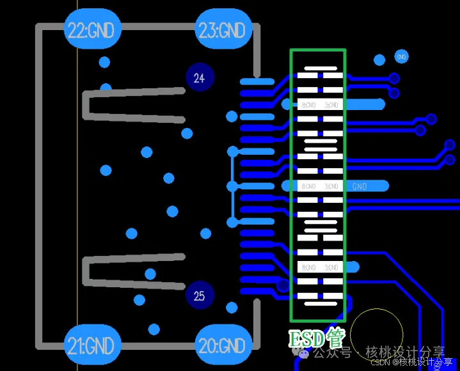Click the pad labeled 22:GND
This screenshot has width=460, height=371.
coord(93,30)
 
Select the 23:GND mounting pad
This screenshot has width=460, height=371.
coord(222,30)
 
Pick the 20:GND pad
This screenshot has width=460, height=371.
coord(222,346)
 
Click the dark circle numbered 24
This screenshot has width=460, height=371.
coord(199,78)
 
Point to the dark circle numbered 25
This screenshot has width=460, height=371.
coord(199,296)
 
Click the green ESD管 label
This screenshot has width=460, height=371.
coord(317,337)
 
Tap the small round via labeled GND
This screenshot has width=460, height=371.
coord(402,56)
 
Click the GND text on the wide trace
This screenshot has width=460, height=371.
coord(360,186)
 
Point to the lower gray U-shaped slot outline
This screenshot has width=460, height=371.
coord(86,272)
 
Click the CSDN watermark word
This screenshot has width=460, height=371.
coord(381,362)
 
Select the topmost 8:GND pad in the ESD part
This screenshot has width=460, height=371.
coord(308,104)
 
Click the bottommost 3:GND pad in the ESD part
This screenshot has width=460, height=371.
coord(331,267)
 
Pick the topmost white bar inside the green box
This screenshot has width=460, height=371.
coord(321,68)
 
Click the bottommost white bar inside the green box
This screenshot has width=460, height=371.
coord(321,304)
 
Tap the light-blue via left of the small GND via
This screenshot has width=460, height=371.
coord(379,60)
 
